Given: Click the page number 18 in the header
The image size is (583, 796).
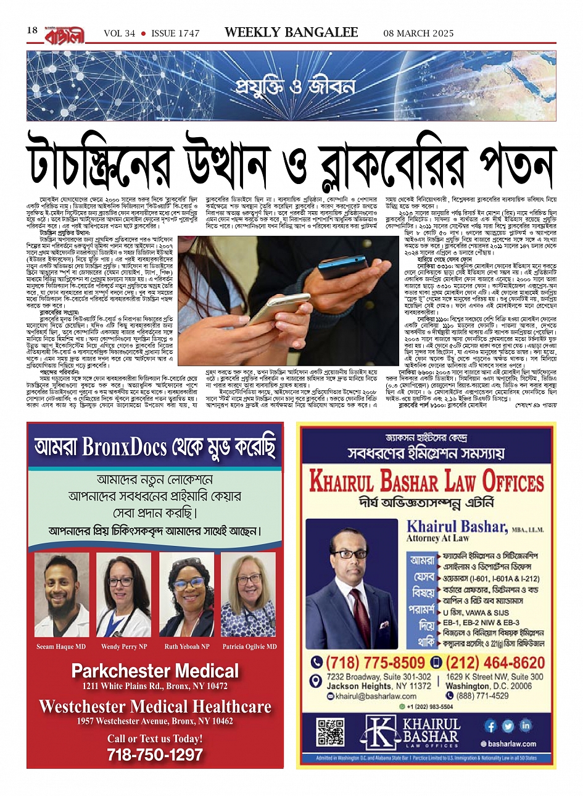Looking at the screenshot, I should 33,31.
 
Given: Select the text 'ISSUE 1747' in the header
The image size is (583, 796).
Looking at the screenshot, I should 175,33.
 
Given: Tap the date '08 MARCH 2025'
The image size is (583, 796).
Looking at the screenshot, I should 418,33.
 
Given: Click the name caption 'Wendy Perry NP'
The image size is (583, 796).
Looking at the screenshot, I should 123,647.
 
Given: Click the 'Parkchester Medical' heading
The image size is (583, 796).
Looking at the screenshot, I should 155,671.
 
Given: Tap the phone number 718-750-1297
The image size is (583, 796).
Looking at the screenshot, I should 155,754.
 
